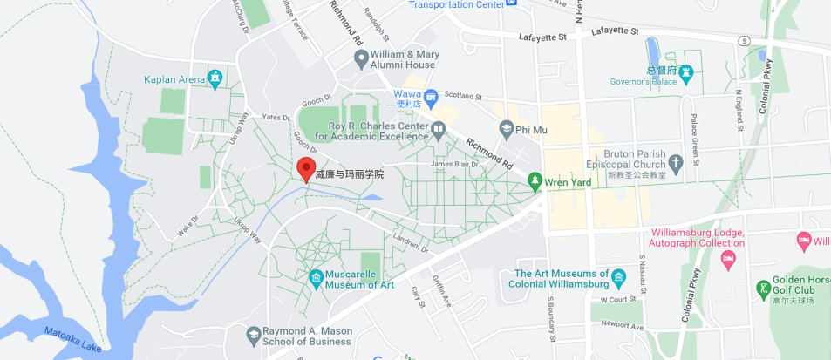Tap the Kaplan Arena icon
click(x=215, y=79)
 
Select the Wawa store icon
click(x=431, y=94)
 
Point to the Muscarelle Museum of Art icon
click(x=317, y=279)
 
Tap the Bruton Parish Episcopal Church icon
click(x=675, y=163)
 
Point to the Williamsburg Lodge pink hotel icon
click(x=730, y=259)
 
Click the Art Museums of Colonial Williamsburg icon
click(x=619, y=278)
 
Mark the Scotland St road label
click(x=463, y=95)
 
